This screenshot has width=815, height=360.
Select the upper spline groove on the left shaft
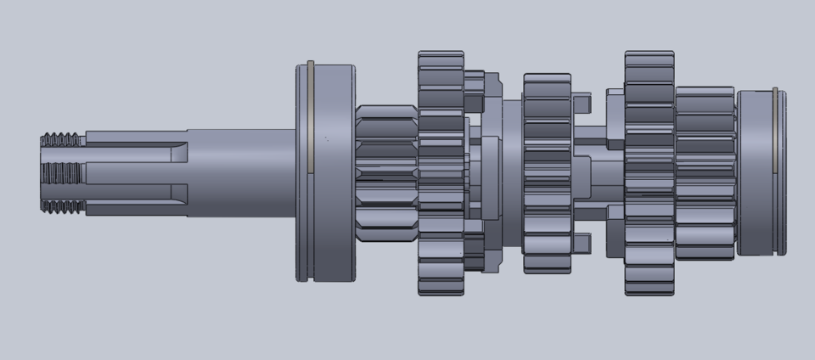pos(136,151)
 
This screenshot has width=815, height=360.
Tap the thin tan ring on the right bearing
pos(775,172)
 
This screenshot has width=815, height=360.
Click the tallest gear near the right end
pos(649,173)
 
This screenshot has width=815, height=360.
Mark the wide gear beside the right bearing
pos(705,173)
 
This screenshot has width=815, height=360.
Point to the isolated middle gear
pos(547,173)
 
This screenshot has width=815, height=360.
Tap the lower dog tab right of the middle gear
pos(582,243)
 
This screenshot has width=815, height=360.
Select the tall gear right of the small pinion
pos(441,173)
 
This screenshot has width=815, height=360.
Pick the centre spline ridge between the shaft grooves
pos(136,172)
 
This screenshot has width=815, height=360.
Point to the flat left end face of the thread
pos(42,173)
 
